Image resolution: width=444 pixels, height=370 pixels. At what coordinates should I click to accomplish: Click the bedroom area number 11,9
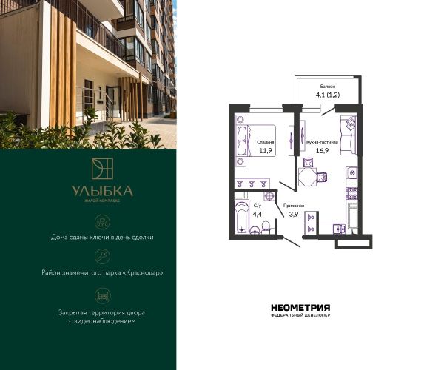[266, 151]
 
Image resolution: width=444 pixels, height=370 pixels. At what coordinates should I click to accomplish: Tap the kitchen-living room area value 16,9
[322, 151]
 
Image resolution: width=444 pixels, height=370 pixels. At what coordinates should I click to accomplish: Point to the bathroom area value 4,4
[257, 214]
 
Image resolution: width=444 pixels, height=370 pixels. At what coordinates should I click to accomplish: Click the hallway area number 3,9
[293, 214]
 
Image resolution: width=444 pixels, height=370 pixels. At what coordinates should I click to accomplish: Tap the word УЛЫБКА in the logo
[102, 192]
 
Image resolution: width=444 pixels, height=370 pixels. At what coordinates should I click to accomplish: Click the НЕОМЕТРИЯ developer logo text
[300, 307]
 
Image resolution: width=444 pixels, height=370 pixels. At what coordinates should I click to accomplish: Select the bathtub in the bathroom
[241, 217]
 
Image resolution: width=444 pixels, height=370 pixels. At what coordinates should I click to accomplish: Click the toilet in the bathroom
[266, 227]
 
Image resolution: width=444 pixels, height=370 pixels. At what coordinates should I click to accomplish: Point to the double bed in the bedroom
[255, 141]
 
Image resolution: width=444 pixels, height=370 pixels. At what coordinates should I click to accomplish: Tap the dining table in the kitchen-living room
[308, 177]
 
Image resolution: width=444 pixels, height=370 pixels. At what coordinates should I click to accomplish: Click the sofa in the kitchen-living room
[349, 135]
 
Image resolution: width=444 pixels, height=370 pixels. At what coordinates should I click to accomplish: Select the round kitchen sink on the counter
[352, 172]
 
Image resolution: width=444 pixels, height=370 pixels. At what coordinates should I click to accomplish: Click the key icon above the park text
[103, 257]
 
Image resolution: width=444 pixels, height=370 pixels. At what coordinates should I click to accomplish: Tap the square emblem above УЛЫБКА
[102, 169]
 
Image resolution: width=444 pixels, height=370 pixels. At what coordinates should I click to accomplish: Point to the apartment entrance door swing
[292, 241]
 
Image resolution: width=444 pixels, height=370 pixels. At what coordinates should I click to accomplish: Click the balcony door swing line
[329, 111]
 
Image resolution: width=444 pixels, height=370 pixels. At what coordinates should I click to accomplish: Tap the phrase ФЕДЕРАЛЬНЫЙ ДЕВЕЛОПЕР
[300, 315]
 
